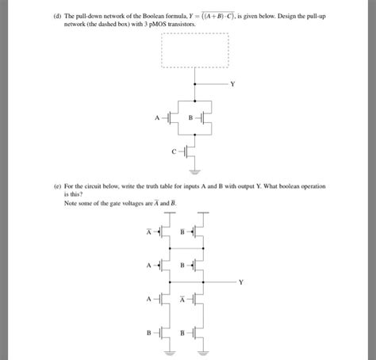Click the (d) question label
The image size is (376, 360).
pos(56,15)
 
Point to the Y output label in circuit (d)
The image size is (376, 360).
pos(232,83)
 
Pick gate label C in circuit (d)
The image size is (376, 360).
pos(175,150)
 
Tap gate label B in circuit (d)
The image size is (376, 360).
pos(190,119)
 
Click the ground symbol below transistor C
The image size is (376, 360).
pos(194,169)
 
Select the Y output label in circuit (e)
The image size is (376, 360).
pos(242,281)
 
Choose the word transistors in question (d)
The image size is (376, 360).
pos(181,24)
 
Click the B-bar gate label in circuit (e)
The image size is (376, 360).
pos(182,232)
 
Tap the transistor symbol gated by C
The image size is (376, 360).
pos(190,150)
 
